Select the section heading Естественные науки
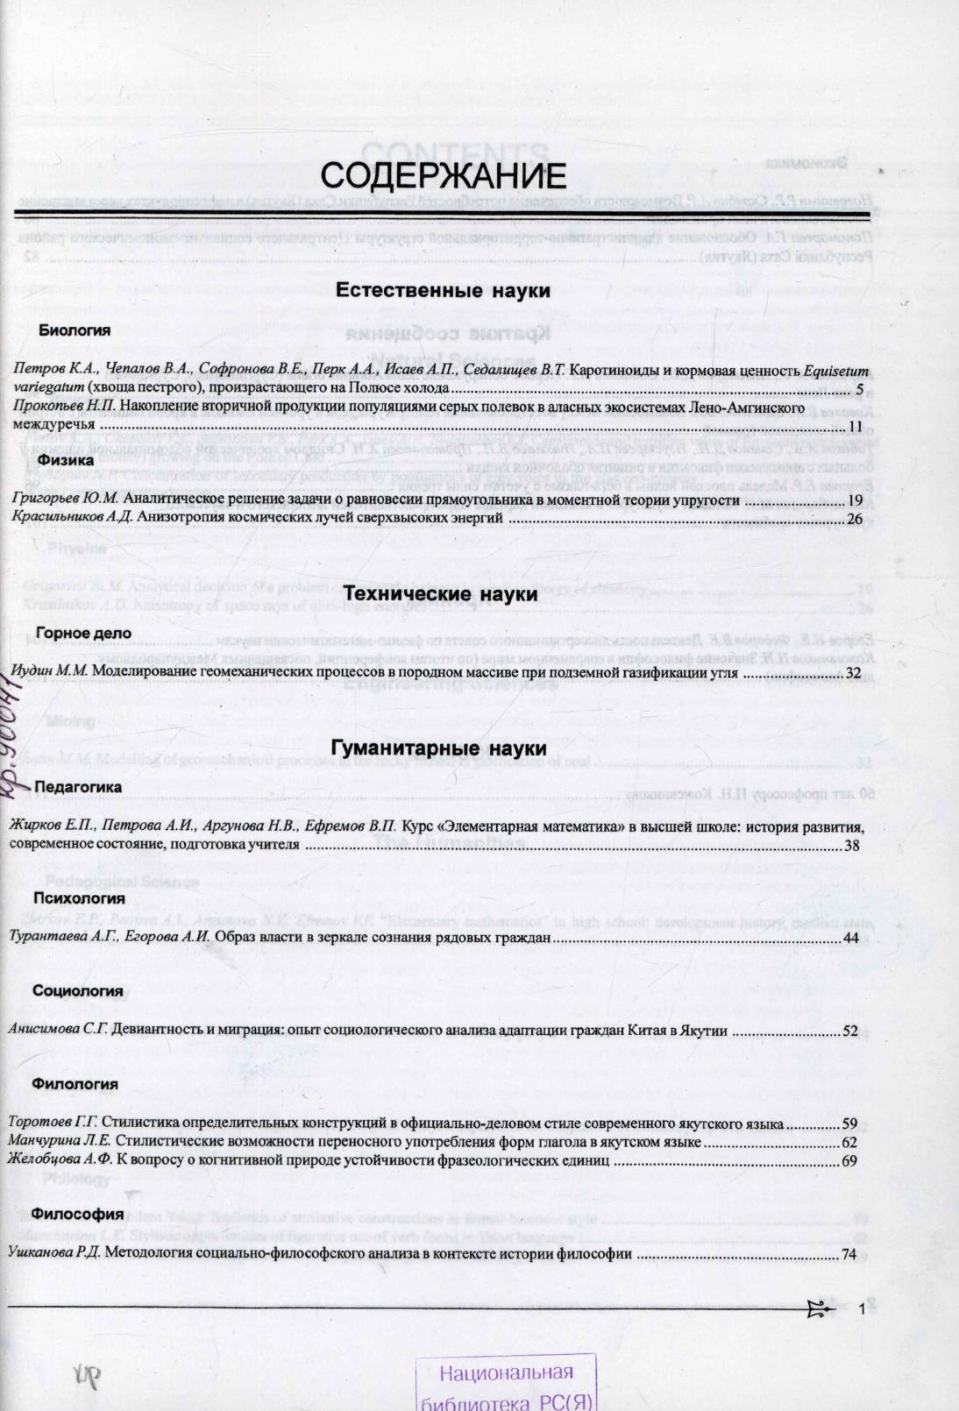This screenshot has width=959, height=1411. (x=443, y=291)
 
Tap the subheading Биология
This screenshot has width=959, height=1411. (x=75, y=330)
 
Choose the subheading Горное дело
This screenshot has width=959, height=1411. (x=84, y=633)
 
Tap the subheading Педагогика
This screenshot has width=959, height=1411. (x=78, y=787)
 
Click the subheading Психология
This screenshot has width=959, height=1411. (x=79, y=898)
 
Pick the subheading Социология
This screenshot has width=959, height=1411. (x=77, y=991)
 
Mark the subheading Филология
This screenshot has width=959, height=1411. (x=75, y=1084)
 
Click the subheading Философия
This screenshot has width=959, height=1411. (x=77, y=1214)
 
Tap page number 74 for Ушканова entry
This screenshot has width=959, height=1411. (x=849, y=1254)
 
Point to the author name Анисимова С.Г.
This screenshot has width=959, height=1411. (x=57, y=1031)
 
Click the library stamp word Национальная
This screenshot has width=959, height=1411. (x=507, y=1372)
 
